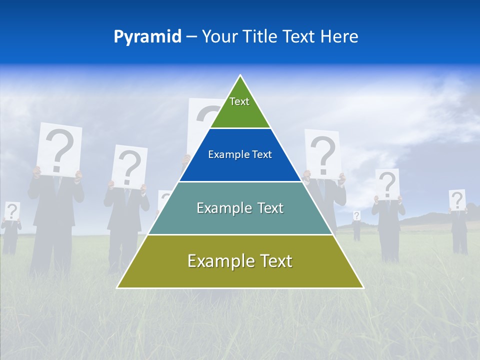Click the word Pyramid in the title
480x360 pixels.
pos(147,37)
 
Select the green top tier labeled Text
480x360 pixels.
pos(240,107)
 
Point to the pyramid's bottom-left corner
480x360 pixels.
pos(117,287)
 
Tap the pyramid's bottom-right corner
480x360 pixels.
pos(363,287)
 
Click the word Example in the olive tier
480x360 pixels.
pos(218,261)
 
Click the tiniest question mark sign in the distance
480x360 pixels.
pos(356,215)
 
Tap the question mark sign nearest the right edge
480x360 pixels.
pos(457,200)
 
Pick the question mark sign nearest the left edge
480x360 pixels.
pos(12,210)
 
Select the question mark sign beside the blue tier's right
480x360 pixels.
pos(322,153)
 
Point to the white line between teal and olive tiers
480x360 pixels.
pos(240,234)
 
